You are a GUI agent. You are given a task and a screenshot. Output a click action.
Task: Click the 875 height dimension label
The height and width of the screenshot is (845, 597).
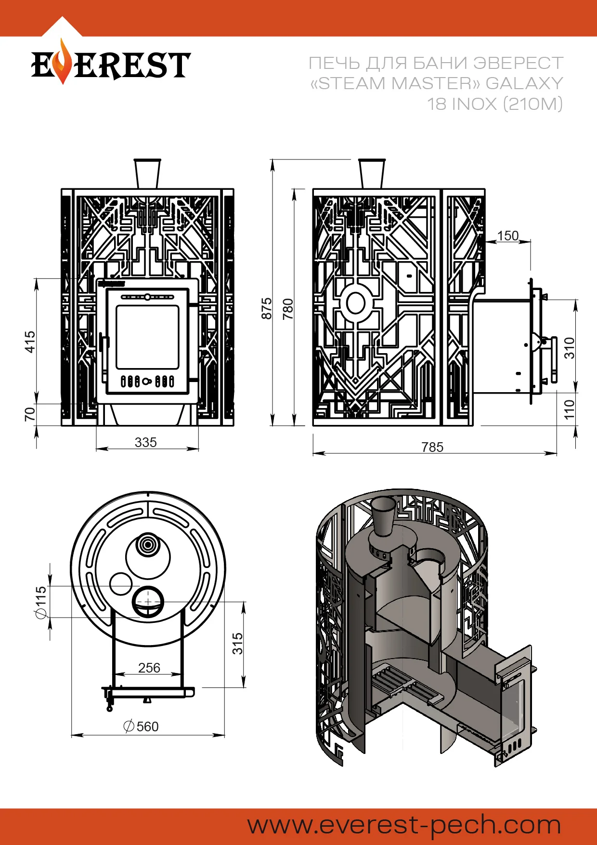tap(266, 308)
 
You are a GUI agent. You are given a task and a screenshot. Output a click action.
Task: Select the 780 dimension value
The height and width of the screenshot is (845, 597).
tap(288, 309)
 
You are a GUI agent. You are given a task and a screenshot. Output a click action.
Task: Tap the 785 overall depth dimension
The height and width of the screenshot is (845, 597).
tap(432, 448)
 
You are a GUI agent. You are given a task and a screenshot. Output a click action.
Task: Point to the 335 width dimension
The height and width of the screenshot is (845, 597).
tap(145, 442)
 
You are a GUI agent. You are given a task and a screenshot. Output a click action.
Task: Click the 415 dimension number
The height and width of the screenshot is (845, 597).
tap(30, 342)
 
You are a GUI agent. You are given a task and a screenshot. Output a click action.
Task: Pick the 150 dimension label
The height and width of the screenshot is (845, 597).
tap(507, 236)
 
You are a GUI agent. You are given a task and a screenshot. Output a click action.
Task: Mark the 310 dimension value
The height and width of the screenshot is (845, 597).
tap(570, 348)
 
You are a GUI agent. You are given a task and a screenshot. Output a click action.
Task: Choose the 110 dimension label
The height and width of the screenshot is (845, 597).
tap(570, 409)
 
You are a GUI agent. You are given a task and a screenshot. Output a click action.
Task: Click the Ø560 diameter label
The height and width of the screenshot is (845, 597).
tap(141, 726)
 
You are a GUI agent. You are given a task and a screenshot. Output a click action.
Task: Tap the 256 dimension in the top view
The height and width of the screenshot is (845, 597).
tap(149, 668)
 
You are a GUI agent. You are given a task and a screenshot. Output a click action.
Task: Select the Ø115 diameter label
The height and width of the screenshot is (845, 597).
tap(41, 602)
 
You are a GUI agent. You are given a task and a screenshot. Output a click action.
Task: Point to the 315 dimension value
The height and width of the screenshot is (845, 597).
tap(237, 644)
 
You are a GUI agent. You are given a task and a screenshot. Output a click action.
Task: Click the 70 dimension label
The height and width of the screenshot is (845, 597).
tap(30, 414)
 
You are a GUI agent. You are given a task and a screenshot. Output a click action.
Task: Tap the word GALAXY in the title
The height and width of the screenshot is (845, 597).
tap(524, 83)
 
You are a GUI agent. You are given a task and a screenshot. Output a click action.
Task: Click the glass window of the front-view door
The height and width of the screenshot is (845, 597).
tap(147, 337)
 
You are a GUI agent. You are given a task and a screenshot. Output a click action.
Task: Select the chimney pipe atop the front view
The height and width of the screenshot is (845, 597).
tap(147, 173)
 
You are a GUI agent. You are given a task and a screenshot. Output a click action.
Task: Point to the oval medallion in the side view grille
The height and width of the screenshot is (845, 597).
tap(355, 303)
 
